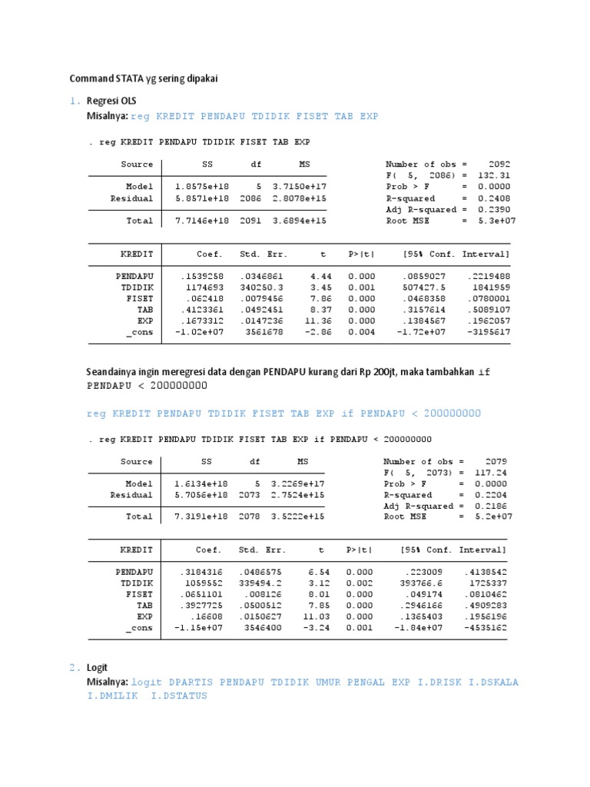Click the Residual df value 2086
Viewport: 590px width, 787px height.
pyautogui.click(x=250, y=198)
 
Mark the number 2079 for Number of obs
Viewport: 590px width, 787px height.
pyautogui.click(x=496, y=462)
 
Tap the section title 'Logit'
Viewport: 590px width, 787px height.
pyautogui.click(x=98, y=668)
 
